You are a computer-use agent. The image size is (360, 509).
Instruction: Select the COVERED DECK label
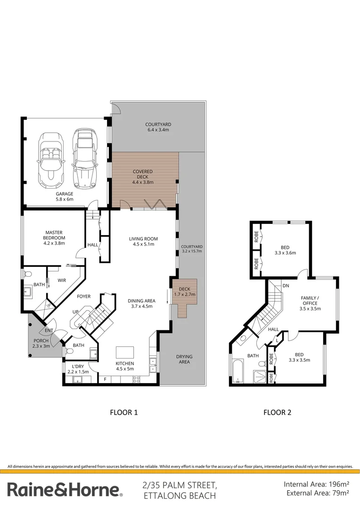(x=142, y=177)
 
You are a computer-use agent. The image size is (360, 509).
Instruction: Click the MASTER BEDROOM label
(x=54, y=238)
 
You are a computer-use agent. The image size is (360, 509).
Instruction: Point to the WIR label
(x=62, y=280)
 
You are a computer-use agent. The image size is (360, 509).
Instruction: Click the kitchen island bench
(x=125, y=352)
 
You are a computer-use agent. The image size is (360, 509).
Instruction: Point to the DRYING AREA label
(x=184, y=359)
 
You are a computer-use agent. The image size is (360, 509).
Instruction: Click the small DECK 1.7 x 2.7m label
(x=184, y=291)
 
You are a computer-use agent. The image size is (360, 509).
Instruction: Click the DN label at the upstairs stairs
(x=286, y=286)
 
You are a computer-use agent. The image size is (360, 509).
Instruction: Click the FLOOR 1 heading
(x=123, y=412)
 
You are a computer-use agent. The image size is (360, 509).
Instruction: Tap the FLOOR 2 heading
(x=277, y=412)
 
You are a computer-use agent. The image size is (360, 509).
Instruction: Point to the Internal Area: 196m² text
(x=316, y=484)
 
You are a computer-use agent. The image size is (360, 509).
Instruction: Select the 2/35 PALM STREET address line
(x=180, y=485)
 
